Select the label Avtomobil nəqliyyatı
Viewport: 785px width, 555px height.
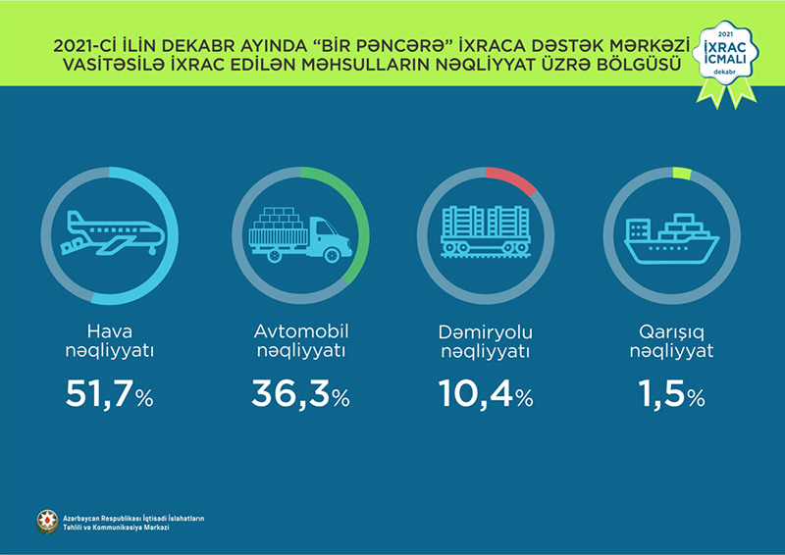(298, 339)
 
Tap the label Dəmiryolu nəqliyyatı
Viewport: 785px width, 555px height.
(485, 339)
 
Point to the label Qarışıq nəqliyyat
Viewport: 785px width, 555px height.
(671, 339)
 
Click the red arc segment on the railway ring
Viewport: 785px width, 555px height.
(511, 177)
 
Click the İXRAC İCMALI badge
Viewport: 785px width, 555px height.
(725, 58)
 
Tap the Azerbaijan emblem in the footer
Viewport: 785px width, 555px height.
(45, 522)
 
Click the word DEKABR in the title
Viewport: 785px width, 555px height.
(224, 46)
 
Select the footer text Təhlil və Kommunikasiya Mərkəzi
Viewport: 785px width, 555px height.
(115, 528)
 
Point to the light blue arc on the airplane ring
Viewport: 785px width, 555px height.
(164, 245)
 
